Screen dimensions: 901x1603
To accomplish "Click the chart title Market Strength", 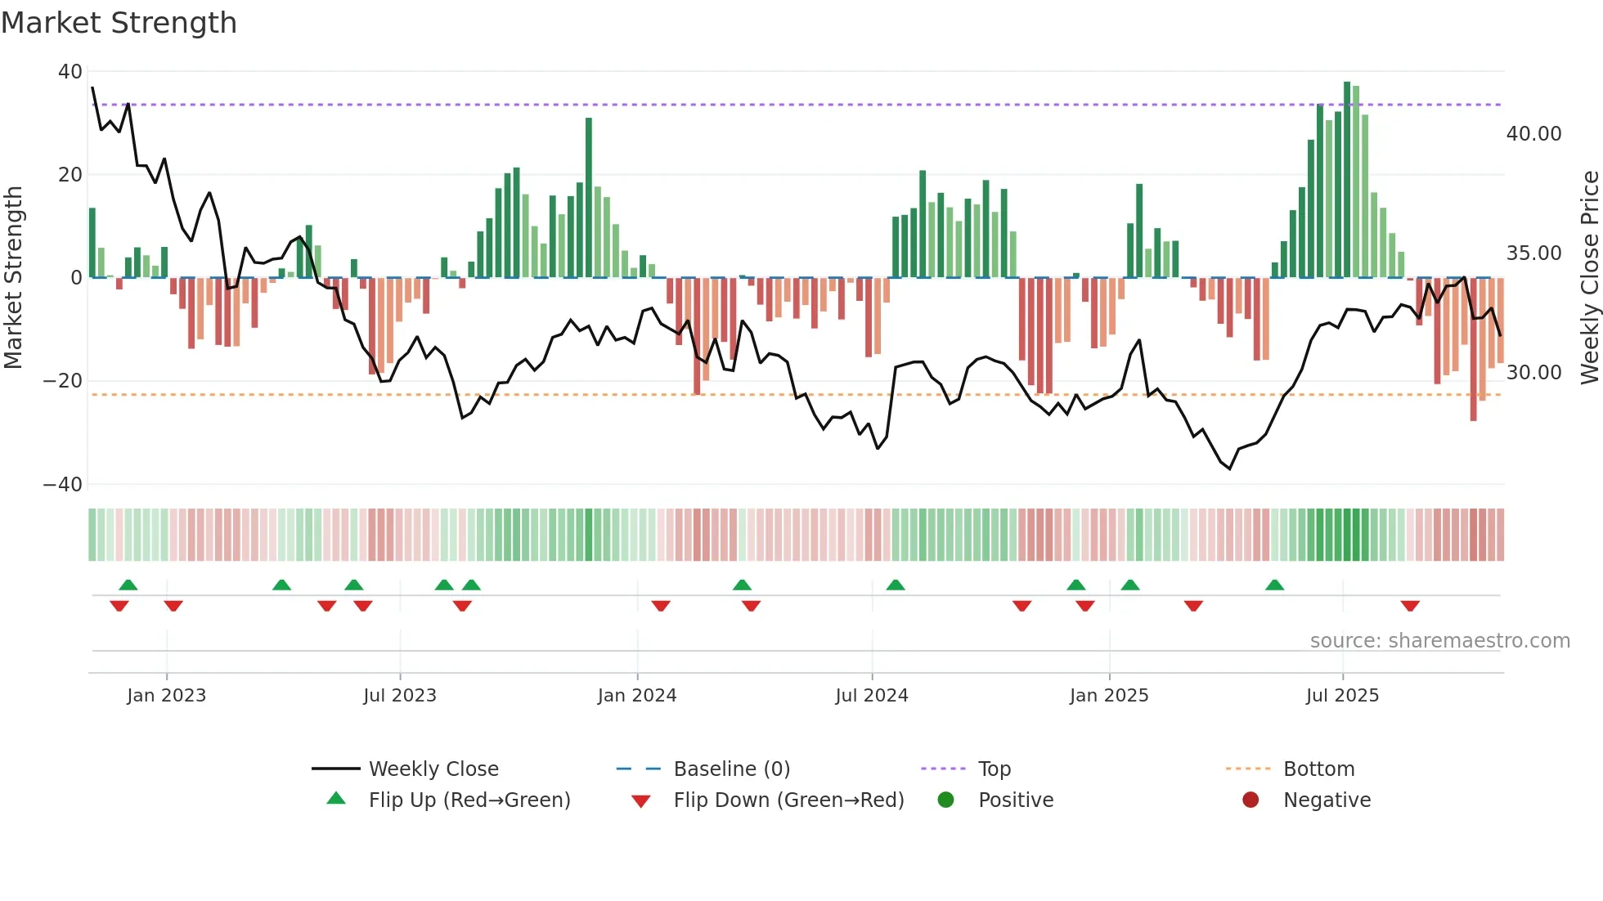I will tap(119, 23).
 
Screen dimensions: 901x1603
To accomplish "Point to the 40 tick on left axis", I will tap(70, 72).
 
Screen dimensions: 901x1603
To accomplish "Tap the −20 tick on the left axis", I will tap(63, 381).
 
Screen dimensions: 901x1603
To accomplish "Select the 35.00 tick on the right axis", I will tap(1533, 253).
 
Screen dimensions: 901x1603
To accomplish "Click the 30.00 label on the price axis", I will tap(1533, 373).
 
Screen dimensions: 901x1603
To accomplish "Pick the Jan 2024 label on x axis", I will tap(637, 696).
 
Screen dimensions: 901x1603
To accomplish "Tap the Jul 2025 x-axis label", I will tap(1342, 696).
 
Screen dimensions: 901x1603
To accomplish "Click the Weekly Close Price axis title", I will tap(1589, 277).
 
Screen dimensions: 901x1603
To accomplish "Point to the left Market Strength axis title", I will tap(14, 277).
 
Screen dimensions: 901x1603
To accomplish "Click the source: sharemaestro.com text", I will tap(1439, 641).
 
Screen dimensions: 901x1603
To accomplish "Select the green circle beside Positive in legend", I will tap(946, 800).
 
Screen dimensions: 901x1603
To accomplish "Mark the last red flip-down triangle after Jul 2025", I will tap(1410, 606).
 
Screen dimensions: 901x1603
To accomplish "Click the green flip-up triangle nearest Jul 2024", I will tap(896, 585).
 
